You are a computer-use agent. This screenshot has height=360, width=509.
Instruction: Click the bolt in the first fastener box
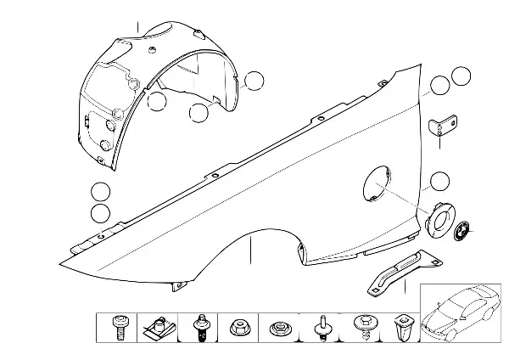[x=118, y=327]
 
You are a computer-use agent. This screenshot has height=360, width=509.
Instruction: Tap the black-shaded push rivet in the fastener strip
[x=201, y=327]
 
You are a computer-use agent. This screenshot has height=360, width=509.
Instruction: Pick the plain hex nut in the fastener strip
[x=238, y=326]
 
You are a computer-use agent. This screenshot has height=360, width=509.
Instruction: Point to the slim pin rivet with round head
[x=322, y=327]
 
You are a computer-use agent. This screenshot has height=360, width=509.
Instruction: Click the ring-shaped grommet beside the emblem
[x=441, y=220]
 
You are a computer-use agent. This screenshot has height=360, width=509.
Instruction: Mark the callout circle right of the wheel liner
[x=253, y=82]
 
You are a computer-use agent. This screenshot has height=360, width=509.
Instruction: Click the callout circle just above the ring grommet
[x=439, y=181]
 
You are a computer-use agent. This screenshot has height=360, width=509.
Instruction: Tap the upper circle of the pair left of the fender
[x=101, y=192]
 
